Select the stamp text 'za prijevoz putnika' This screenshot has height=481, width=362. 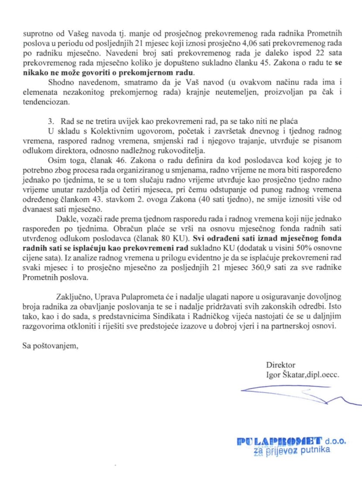point(292,451)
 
